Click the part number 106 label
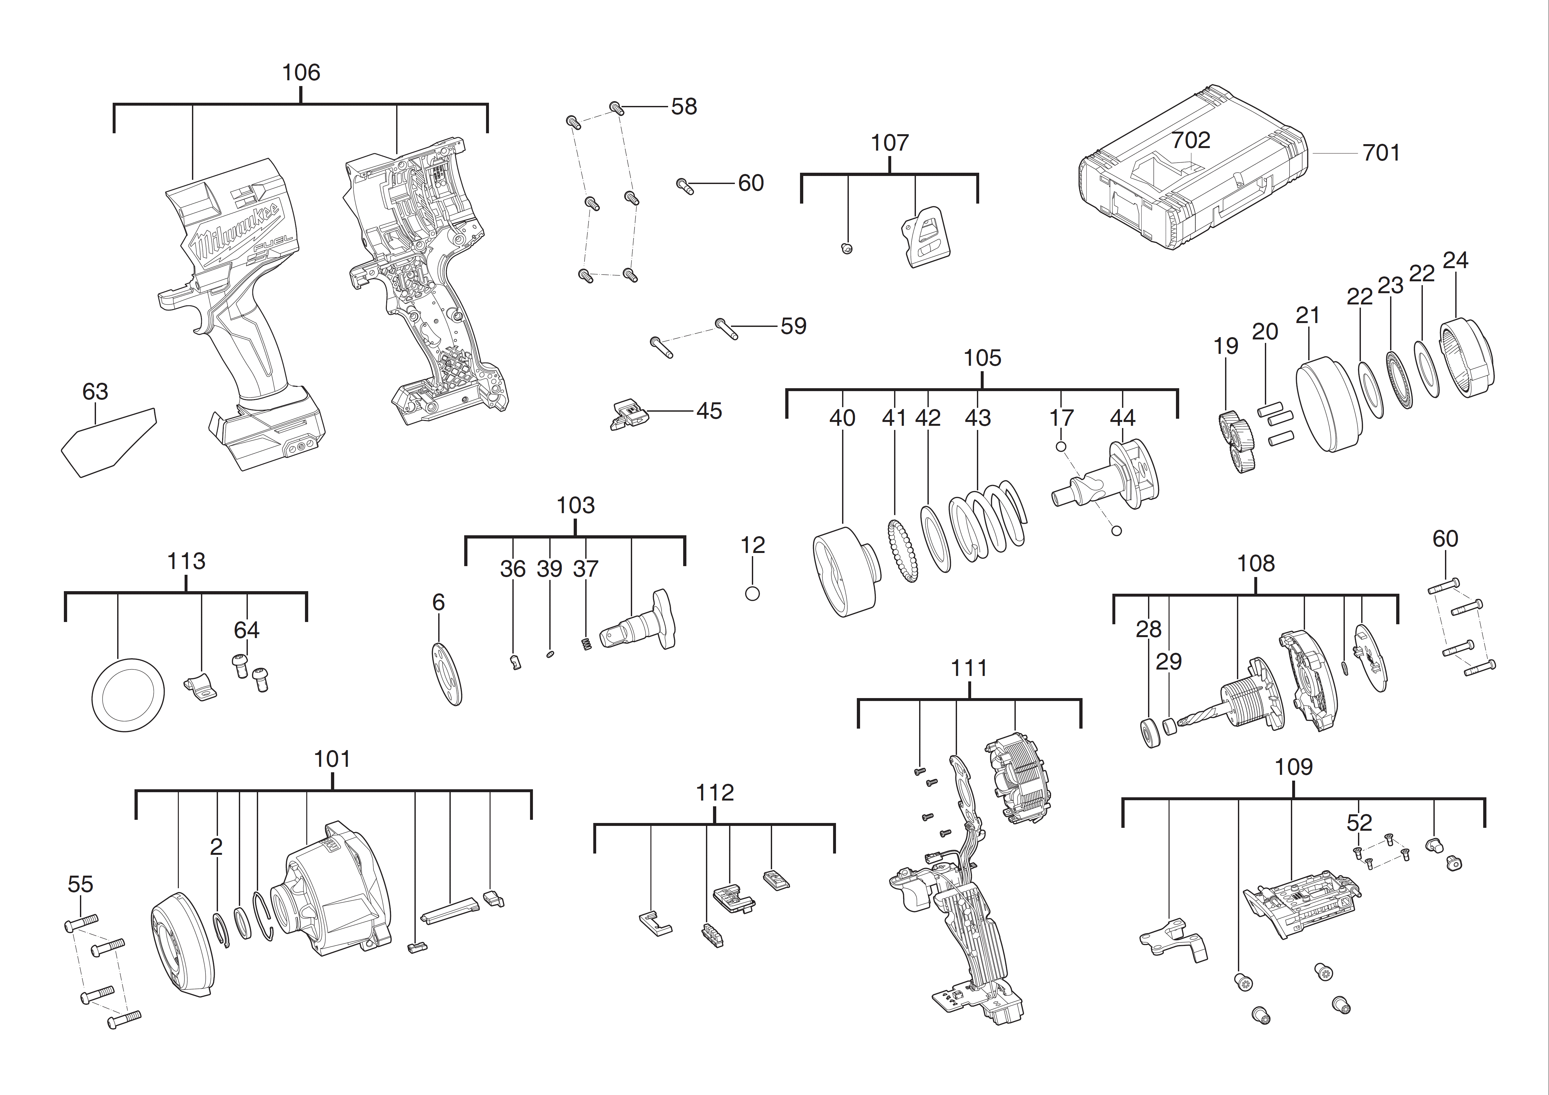click(301, 72)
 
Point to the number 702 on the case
click(1191, 140)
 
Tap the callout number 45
click(709, 411)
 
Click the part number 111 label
click(969, 668)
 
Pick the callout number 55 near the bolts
click(80, 884)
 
